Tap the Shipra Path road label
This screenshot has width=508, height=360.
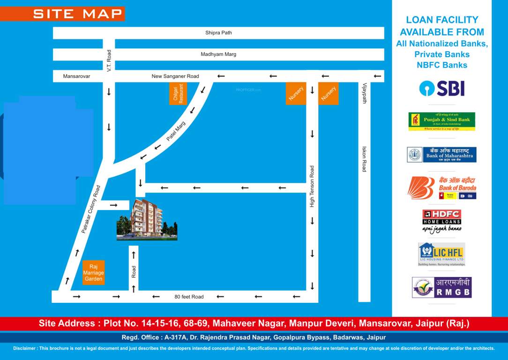(x=218, y=33)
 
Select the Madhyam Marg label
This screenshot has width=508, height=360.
(x=218, y=54)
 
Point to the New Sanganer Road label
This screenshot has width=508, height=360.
(x=175, y=76)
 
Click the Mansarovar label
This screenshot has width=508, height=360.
(x=76, y=76)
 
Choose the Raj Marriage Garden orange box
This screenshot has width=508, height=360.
(x=94, y=272)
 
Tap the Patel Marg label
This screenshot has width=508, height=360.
(x=176, y=132)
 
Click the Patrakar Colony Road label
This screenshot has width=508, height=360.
(x=91, y=210)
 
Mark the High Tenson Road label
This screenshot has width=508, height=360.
(x=312, y=186)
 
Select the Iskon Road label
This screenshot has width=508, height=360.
(x=364, y=159)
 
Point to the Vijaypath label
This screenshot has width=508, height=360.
(x=365, y=93)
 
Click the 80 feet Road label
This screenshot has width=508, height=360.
(x=189, y=297)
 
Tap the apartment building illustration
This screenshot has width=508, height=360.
(x=147, y=219)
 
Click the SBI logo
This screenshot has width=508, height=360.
(x=441, y=88)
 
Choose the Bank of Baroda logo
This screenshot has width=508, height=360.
(x=441, y=188)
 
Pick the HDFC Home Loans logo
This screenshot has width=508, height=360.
(x=441, y=221)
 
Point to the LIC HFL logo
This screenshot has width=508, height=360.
(x=441, y=254)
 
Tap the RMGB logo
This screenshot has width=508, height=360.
(x=441, y=287)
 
